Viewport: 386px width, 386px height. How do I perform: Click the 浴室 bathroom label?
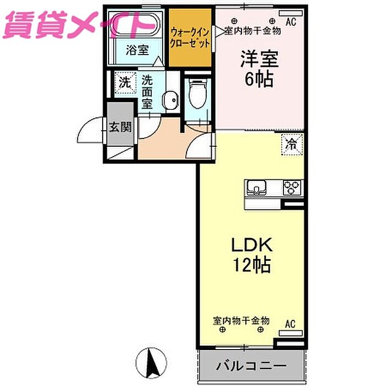137,50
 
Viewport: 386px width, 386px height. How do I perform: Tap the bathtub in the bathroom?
135,25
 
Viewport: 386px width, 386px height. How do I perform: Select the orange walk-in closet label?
190,38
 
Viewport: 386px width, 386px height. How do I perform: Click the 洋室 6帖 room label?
260,69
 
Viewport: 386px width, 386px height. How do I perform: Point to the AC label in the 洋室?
291,22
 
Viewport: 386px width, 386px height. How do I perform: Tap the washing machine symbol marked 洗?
125,83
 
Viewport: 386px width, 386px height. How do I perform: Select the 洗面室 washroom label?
147,92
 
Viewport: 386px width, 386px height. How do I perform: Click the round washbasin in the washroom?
170,100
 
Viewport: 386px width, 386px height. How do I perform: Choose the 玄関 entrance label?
120,127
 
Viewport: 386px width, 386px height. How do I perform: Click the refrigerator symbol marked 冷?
292,144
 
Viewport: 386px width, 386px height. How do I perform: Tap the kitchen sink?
256,187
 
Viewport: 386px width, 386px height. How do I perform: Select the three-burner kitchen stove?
292,187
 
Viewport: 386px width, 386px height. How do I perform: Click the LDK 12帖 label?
251,255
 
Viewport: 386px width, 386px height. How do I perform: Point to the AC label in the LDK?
290,324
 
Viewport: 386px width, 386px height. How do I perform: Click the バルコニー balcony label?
251,366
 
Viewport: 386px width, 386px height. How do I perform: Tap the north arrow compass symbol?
152,363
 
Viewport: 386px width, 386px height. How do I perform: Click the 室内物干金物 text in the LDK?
242,321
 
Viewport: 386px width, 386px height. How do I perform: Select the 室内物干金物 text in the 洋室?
253,31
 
